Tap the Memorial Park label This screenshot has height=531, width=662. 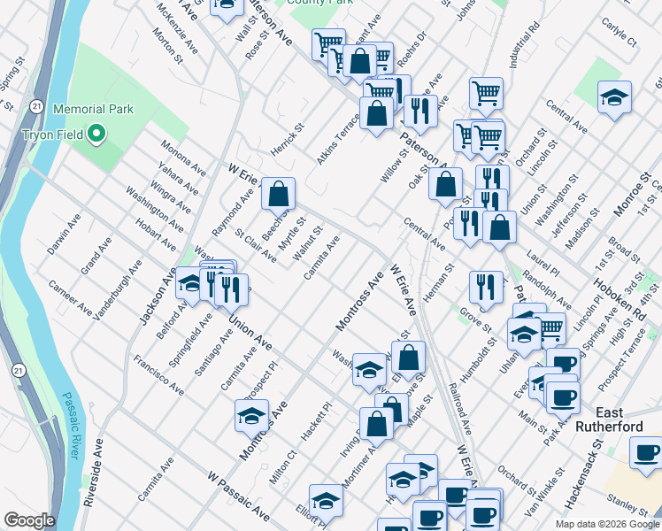click(93, 109)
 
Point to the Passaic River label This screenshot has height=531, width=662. click(67, 427)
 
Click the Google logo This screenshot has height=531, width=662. click(29, 520)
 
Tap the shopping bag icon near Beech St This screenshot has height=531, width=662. click(278, 193)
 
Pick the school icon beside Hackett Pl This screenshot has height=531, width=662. click(252, 414)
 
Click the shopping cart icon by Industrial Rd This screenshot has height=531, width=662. click(486, 92)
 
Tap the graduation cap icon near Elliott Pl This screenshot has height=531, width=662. click(326, 500)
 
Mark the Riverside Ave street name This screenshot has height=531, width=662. click(92, 473)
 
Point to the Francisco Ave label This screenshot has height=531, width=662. click(159, 374)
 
